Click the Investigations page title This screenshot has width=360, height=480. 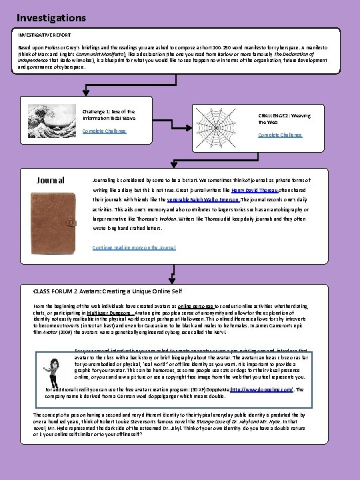pyautogui.click(x=51, y=17)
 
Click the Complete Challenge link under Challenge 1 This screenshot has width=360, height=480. pyautogui.click(x=104, y=131)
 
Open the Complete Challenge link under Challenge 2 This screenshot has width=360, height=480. pyautogui.click(x=280, y=135)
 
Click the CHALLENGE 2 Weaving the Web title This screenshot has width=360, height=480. pyautogui.click(x=283, y=119)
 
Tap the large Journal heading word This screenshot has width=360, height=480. pyautogui.click(x=51, y=180)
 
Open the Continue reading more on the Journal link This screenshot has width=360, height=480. pyautogui.click(x=134, y=247)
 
